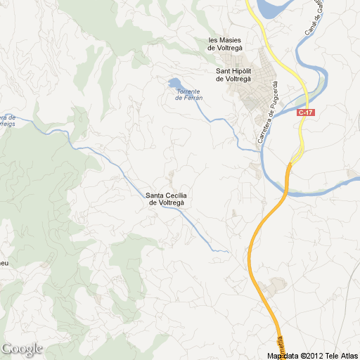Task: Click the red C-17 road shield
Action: pos(305,112)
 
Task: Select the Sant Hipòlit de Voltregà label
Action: pos(239,75)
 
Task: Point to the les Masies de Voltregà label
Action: pos(225,44)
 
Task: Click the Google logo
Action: pos(22,349)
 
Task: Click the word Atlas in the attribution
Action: pos(347,356)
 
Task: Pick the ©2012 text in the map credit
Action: pos(312,356)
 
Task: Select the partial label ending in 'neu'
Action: pos(4,264)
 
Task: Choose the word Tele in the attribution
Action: pos(331,356)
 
